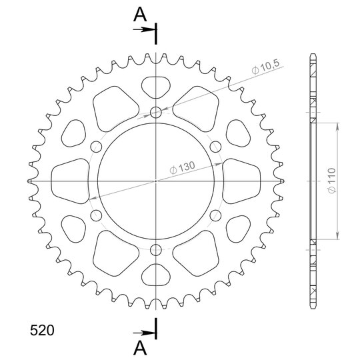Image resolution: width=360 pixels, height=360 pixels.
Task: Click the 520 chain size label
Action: tap(42, 331)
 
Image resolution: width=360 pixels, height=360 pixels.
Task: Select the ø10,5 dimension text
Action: tap(265, 67)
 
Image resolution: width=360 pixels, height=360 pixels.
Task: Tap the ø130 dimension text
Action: tap(182, 167)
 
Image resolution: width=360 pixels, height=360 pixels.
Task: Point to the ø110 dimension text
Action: tap(332, 181)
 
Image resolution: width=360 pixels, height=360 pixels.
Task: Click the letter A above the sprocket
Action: tap(140, 14)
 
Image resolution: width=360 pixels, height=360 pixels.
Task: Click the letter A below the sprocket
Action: tap(140, 347)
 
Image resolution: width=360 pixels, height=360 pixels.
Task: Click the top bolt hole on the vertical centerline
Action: tap(155, 112)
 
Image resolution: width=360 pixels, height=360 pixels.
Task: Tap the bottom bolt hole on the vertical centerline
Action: tap(155, 250)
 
